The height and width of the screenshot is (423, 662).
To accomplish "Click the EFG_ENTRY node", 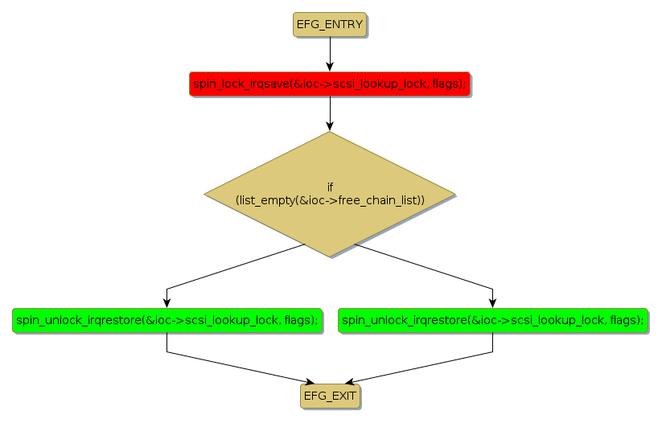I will (x=329, y=25).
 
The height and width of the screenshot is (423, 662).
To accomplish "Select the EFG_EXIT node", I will (x=330, y=395).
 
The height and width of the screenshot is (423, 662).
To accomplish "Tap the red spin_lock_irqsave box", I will (x=329, y=84).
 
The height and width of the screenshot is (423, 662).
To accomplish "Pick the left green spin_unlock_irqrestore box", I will (x=167, y=320).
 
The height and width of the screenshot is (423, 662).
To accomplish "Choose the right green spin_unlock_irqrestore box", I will (x=492, y=320).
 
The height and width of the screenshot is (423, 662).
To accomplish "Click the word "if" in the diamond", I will (x=330, y=187).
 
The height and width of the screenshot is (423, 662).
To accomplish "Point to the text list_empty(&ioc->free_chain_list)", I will (x=330, y=199).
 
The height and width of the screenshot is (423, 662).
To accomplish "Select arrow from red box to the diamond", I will (x=329, y=113).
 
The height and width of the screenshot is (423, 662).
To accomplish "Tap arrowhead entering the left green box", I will (x=167, y=302).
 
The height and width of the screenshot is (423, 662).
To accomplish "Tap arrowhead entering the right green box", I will (x=492, y=302).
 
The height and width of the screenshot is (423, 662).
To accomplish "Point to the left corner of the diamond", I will (x=206, y=194).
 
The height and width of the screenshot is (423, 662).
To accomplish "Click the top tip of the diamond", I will (x=329, y=133).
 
